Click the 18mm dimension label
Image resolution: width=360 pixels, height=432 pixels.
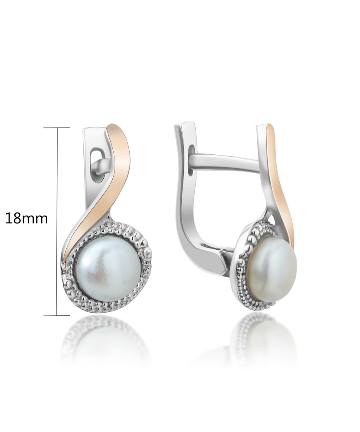26,219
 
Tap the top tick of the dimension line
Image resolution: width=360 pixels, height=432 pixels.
57,128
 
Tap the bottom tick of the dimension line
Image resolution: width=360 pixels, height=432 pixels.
57,315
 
